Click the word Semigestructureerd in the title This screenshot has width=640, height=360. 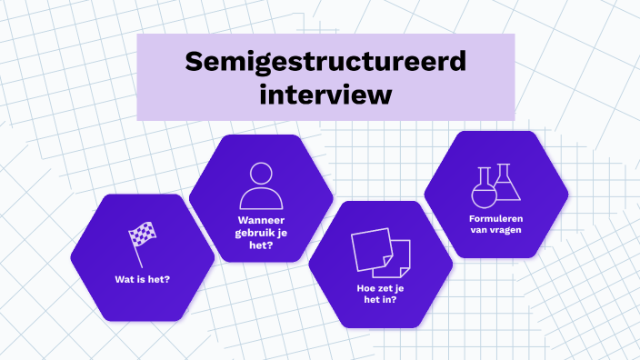pos(325,62)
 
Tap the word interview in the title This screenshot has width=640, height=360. pos(325,93)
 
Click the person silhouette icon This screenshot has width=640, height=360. pos(261,185)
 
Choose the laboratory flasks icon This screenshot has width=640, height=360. pos(495,185)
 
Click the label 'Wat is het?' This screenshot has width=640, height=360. pos(143,279)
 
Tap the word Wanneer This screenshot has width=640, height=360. pos(261,221)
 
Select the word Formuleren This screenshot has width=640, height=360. pos(495,218)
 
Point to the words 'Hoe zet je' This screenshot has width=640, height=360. pos(380,288)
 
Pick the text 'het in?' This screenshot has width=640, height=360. pos(380,300)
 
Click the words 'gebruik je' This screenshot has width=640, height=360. pos(261,233)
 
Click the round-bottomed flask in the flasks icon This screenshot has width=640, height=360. pos(483,190)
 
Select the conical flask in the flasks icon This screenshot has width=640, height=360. pos(507,185)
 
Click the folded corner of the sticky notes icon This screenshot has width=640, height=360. pos(388,264)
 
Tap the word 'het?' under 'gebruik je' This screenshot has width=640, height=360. pos(261,245)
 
